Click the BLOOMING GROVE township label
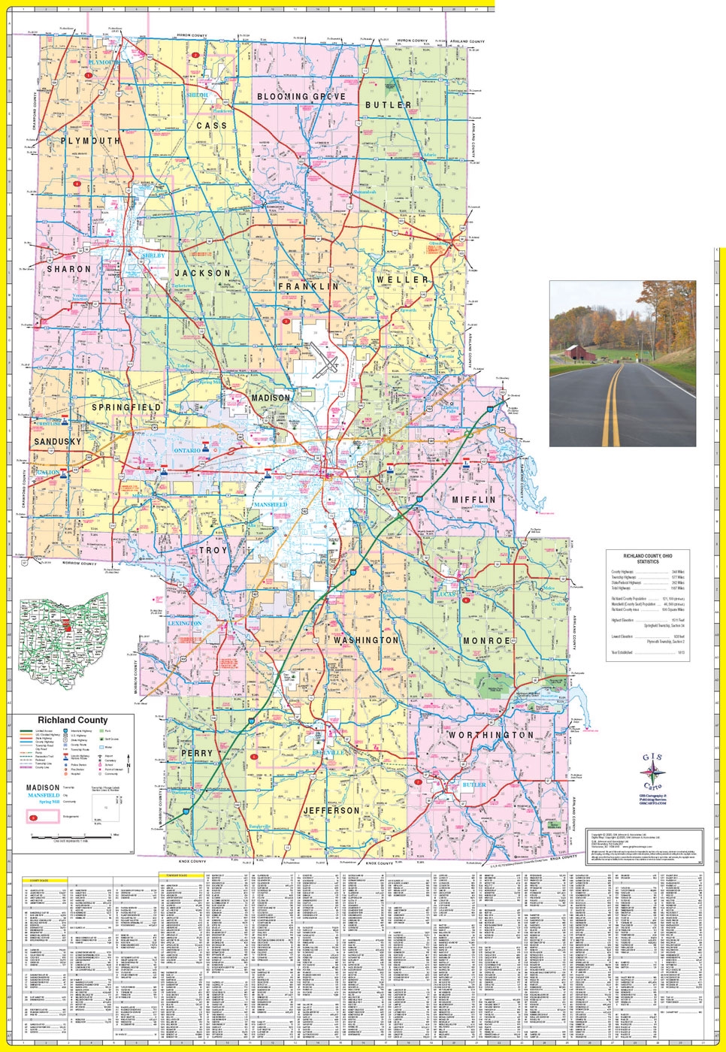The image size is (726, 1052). point(301,97)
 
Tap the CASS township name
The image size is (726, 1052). point(211,126)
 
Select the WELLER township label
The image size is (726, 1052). point(403,280)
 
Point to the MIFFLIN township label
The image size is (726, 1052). point(473,500)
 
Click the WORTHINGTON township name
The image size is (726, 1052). point(491,735)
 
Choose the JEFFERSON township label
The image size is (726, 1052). point(331,811)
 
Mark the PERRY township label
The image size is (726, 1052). point(197,753)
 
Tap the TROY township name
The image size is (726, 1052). point(213,551)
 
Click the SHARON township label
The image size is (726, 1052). point(68,268)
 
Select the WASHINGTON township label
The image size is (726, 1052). point(366,640)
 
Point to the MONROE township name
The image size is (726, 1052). point(486,641)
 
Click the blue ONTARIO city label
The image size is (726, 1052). point(187,450)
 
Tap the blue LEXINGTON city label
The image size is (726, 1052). point(184,624)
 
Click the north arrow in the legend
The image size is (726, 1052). point(129,766)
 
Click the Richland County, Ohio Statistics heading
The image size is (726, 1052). point(647,558)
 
